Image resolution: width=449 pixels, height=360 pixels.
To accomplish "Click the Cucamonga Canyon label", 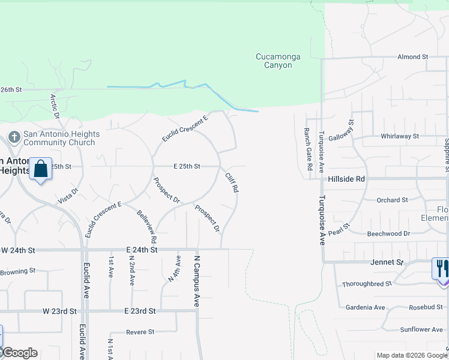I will tap(274, 61).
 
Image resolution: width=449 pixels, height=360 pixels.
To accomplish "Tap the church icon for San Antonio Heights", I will tap(14, 138).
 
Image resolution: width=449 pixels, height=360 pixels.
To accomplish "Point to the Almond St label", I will tap(412, 57).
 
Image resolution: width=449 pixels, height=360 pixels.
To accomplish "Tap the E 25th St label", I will tap(187, 166).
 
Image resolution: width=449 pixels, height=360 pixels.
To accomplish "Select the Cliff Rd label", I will tap(232, 182).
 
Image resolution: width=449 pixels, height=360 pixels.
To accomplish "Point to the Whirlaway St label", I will tap(399, 136).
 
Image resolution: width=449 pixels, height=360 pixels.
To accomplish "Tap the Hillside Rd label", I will tap(346, 179).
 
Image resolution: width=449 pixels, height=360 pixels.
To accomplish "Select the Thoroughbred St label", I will tap(366, 283).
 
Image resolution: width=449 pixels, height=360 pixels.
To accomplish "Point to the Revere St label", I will tap(140, 332).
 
